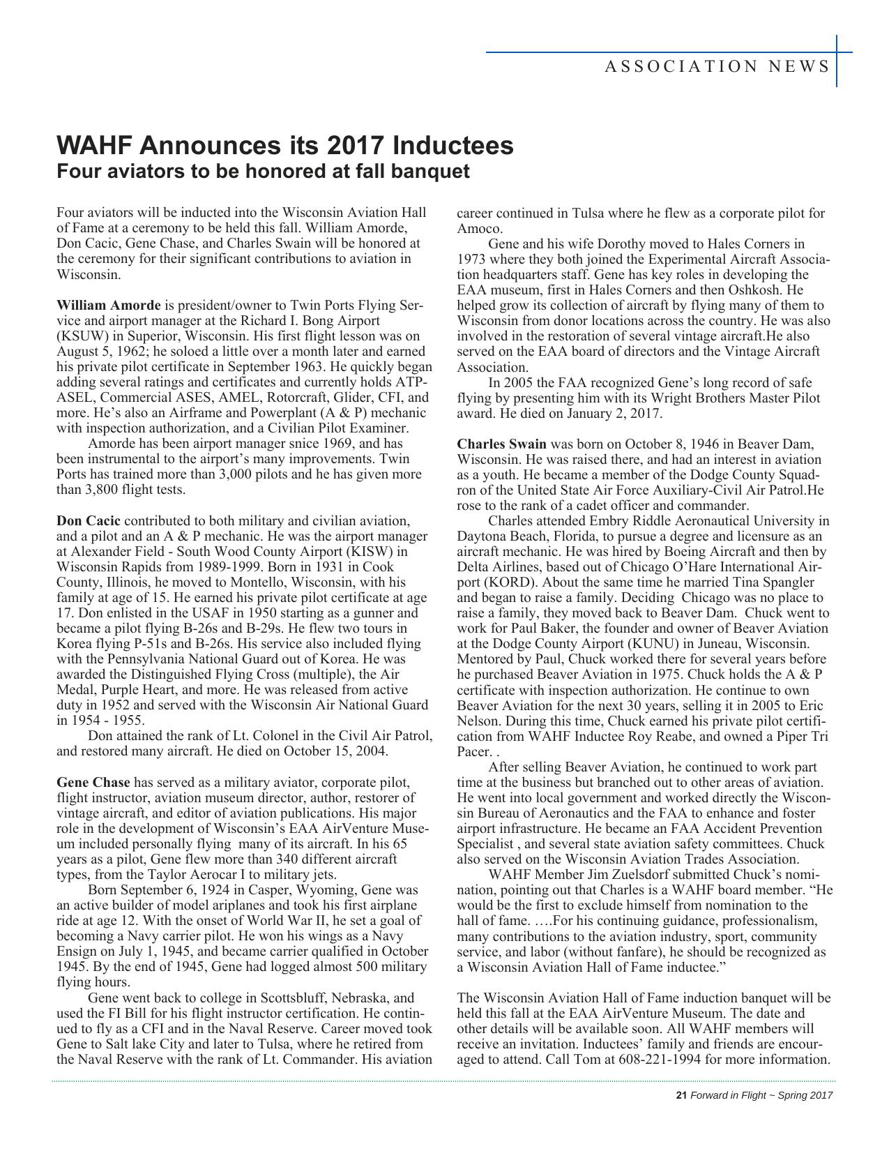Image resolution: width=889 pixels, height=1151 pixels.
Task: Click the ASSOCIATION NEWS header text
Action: point(717,66)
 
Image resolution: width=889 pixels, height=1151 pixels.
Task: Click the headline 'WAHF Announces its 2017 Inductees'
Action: point(284,145)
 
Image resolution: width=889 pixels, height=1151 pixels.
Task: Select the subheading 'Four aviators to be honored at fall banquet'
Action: point(263,171)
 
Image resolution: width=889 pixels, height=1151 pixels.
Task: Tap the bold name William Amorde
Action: point(108,305)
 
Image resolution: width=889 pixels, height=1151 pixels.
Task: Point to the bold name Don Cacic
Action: point(88,520)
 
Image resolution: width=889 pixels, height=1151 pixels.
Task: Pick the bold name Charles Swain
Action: point(501,444)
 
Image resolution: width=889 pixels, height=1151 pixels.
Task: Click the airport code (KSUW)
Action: point(80,336)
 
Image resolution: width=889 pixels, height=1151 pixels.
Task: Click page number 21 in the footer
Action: point(682,1095)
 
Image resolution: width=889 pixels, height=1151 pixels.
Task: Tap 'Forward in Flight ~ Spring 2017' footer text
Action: point(761,1095)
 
